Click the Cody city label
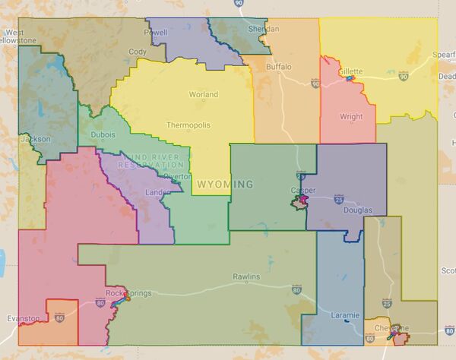coord(138,52)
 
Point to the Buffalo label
coord(278,67)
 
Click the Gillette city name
coord(351,71)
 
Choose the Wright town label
coord(351,117)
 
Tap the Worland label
coord(204,95)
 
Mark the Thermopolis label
coord(189,125)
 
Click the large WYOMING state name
coord(225,185)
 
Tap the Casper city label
coord(302,191)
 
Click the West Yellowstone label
coord(20,36)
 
